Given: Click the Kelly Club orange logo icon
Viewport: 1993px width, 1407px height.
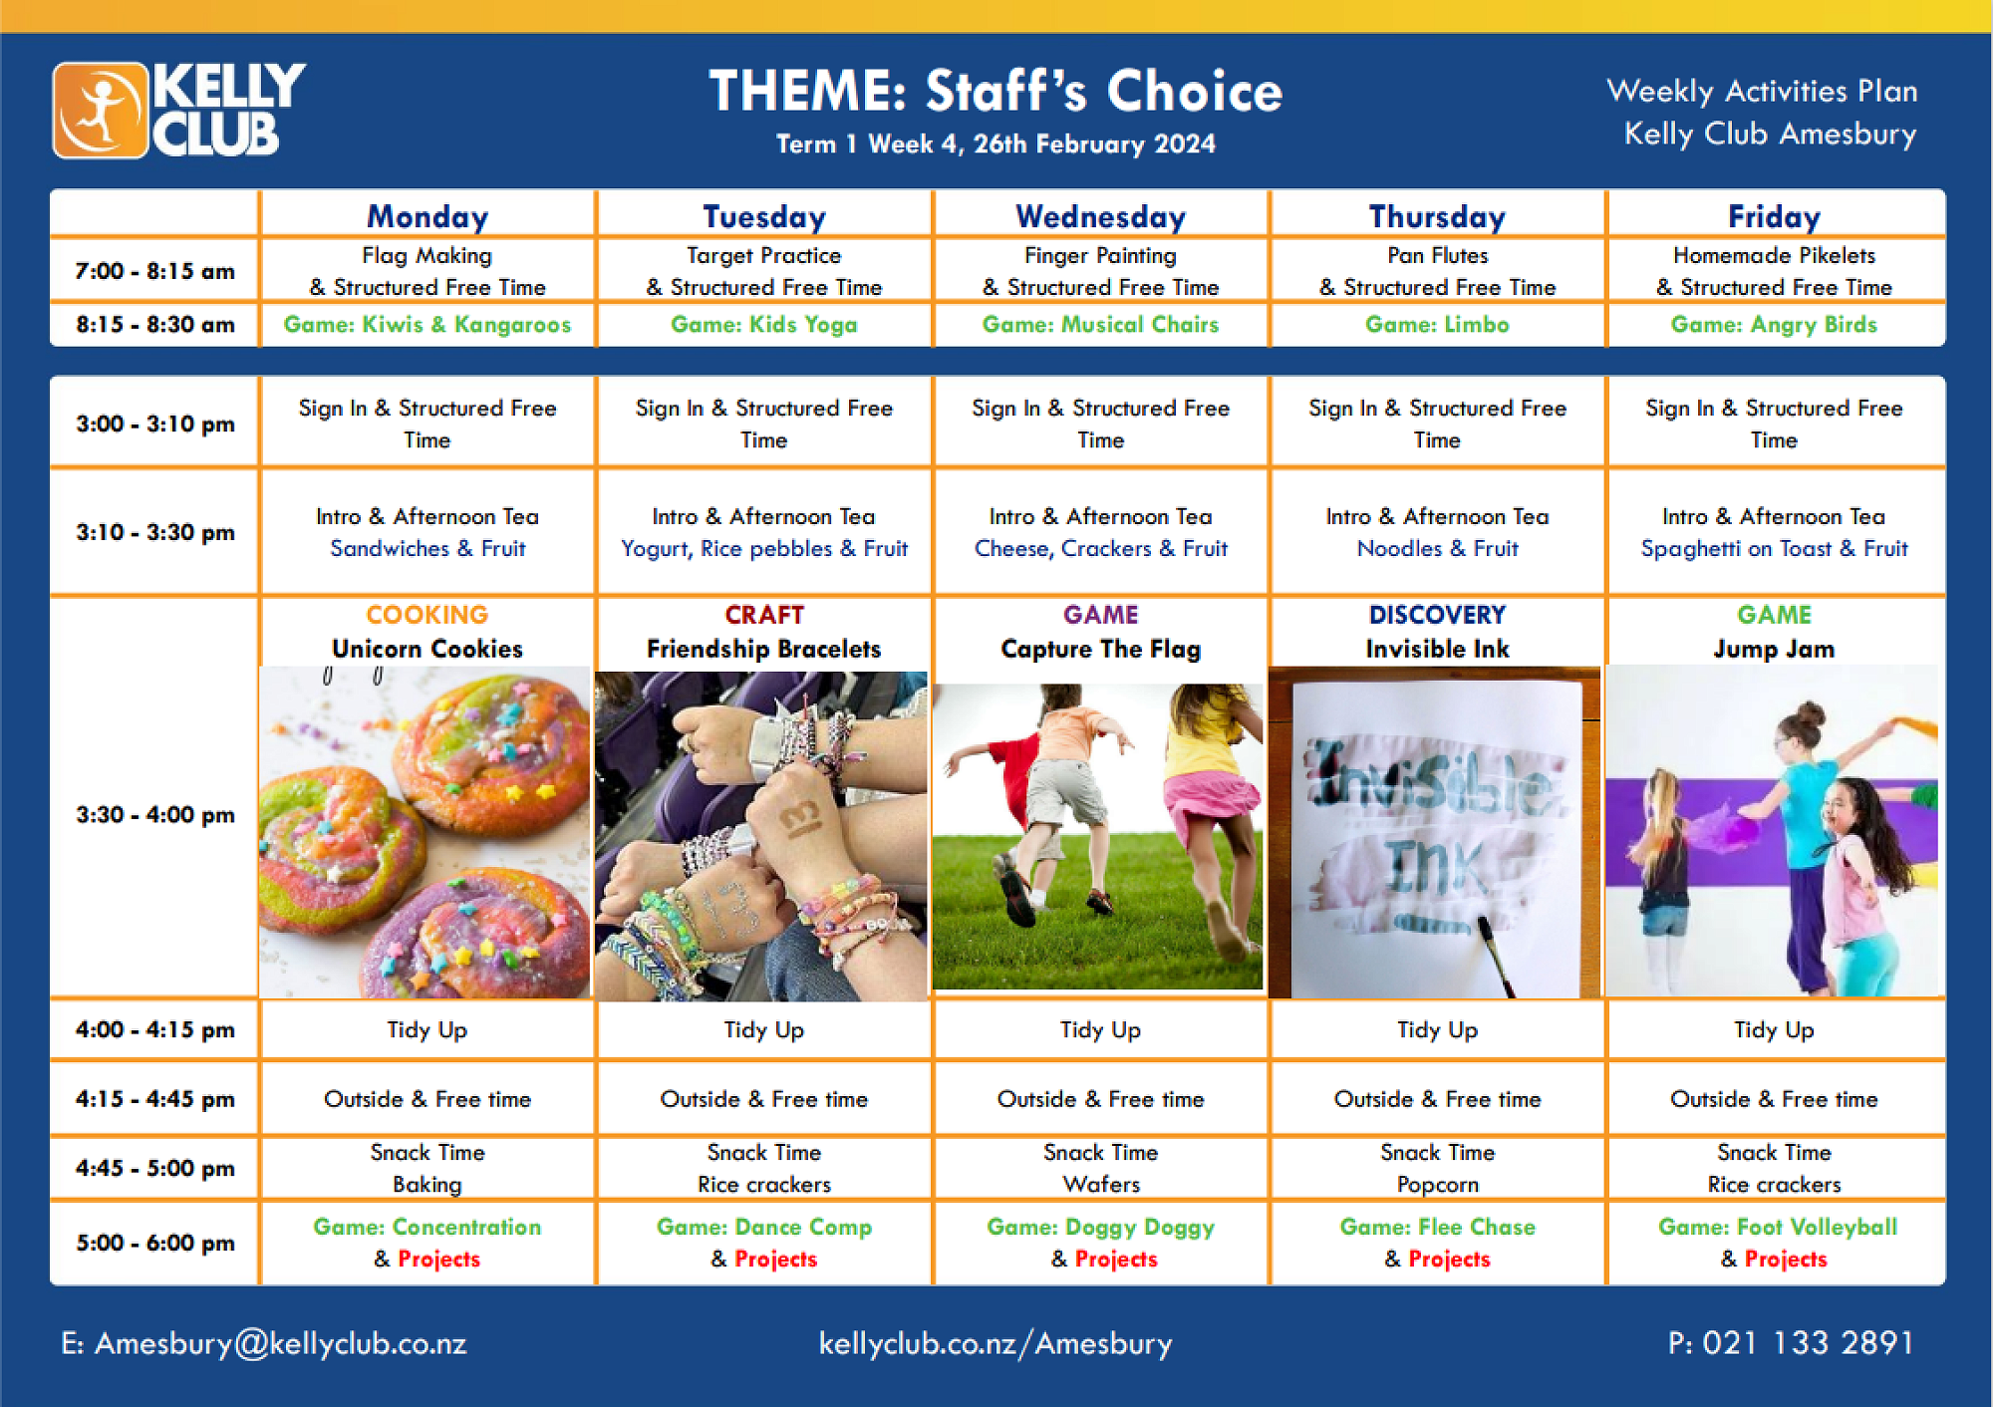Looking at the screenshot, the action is [100, 110].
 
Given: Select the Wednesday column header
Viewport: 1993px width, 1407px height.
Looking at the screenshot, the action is [1100, 216].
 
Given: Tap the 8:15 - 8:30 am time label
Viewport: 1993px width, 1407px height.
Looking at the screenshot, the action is [154, 325].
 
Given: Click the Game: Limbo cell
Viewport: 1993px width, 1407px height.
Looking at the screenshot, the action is [1437, 325].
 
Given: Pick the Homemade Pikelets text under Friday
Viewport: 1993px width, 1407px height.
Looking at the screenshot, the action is [1774, 255].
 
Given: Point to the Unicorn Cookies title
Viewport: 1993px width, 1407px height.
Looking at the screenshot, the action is [427, 649].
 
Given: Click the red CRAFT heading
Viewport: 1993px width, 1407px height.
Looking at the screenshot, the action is [764, 615].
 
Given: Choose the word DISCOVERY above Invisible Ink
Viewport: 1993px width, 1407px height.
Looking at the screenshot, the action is [1437, 615].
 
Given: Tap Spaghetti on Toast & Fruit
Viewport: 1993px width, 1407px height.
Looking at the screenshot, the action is [1774, 548].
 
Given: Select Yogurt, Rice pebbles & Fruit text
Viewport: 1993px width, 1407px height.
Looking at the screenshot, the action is [764, 548].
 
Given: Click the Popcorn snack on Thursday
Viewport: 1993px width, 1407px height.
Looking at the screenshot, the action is [1437, 1185].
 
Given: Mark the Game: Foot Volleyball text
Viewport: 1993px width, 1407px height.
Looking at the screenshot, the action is [1778, 1227].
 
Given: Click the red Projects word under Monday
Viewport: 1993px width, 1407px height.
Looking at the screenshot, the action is [438, 1260].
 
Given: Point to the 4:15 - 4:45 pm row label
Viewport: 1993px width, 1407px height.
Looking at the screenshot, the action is [154, 1099].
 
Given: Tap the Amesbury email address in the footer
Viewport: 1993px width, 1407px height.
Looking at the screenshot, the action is [264, 1343].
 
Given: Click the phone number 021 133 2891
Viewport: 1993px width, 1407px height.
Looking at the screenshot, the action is [1808, 1343].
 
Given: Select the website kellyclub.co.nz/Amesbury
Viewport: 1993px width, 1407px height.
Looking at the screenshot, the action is [996, 1343].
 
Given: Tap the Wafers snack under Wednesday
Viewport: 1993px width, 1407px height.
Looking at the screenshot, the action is [1100, 1185].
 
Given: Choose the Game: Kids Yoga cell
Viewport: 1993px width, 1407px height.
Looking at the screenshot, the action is [764, 325].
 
